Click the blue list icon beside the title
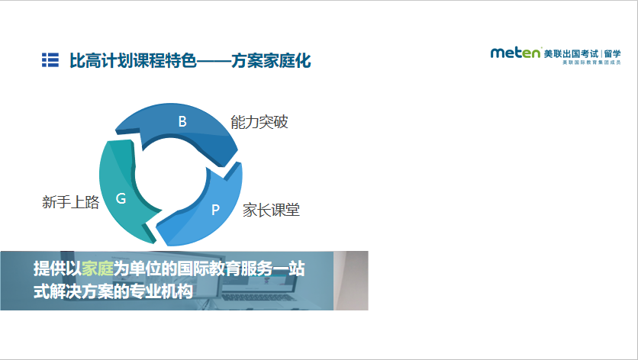point(50,59)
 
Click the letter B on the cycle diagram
point(182,121)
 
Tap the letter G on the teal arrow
point(121,198)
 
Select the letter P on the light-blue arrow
point(215,210)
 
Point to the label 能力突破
point(259,122)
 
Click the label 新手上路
point(71,202)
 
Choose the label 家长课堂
point(272,210)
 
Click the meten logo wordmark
point(516,53)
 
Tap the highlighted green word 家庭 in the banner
point(98,269)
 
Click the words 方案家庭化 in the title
point(271,60)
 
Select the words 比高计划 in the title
point(101,60)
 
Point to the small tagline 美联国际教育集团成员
point(591,63)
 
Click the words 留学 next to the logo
point(613,53)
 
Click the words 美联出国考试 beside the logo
point(572,53)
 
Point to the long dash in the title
point(214,61)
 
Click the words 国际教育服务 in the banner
point(224,269)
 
